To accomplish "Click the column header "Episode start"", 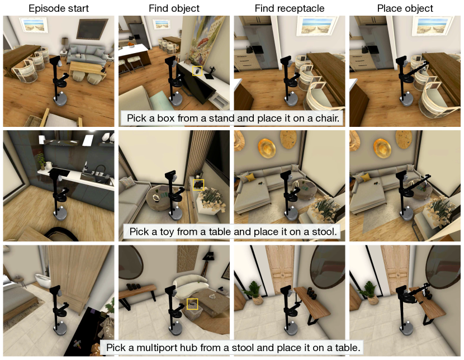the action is point(59,8).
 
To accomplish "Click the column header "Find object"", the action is point(174,8).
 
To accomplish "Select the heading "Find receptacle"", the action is point(290,8).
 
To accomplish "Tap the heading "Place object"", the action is point(405,8).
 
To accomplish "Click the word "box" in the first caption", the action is point(165,119).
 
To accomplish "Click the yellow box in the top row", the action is point(197,70).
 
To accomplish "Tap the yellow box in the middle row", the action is point(198,185).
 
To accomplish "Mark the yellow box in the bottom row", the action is point(192,304).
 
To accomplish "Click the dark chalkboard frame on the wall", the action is point(92,29).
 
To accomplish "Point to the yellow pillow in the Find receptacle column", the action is point(250,178).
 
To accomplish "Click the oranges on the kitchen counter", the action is point(130,44).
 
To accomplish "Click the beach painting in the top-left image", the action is point(34,25).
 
